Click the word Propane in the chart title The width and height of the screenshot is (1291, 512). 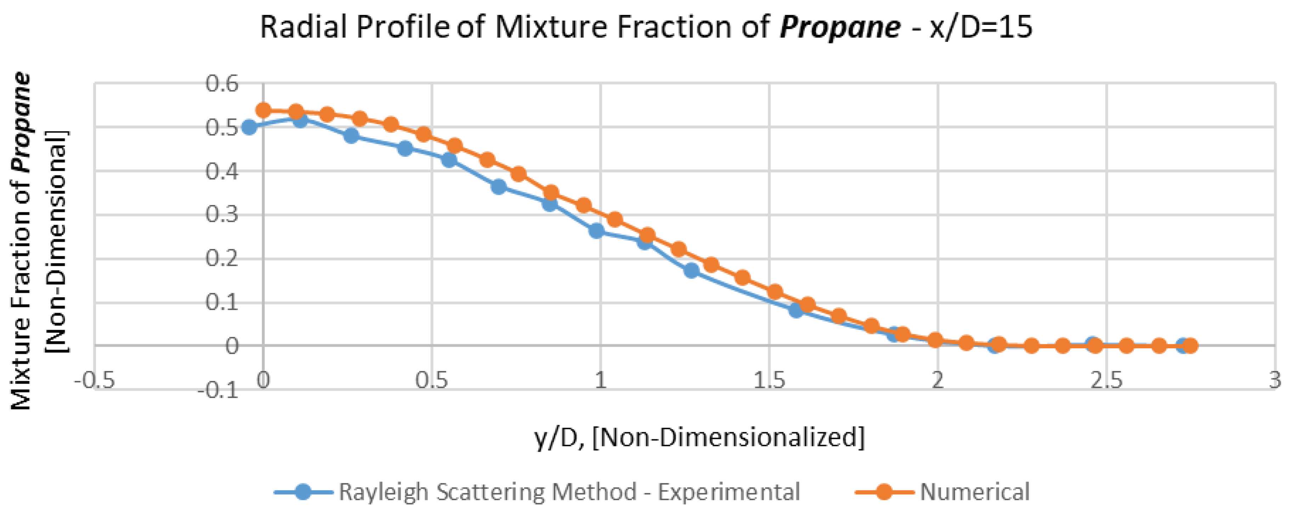[x=840, y=27]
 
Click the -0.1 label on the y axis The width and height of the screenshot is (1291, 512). [x=218, y=390]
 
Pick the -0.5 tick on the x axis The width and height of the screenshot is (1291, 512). [x=94, y=380]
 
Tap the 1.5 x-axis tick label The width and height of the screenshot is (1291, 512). [x=769, y=380]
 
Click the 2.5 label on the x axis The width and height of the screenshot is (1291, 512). [x=1106, y=380]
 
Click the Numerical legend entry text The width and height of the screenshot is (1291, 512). [x=974, y=492]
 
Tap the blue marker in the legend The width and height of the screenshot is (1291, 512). [x=303, y=492]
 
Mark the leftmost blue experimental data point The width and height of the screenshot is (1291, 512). [x=249, y=127]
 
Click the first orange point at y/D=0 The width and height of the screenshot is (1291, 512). [x=263, y=110]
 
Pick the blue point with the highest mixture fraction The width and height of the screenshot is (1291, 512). [x=300, y=119]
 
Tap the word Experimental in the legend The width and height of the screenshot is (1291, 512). [x=729, y=492]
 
